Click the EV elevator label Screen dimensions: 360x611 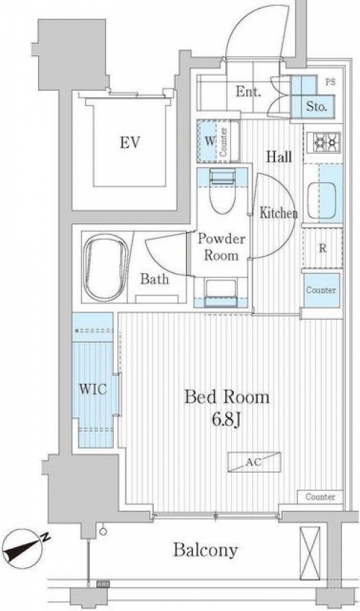[x=130, y=143]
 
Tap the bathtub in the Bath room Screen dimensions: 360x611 [x=106, y=268]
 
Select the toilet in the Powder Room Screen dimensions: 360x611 [x=223, y=192]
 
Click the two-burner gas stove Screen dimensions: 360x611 [x=323, y=142]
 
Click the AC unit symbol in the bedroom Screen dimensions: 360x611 [x=254, y=462]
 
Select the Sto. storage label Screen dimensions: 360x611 [x=316, y=107]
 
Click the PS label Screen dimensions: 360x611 [x=330, y=82]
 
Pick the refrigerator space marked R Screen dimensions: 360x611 [x=323, y=248]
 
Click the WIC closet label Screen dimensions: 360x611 [x=93, y=389]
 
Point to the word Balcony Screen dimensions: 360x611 [x=205, y=550]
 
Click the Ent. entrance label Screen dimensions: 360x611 [x=248, y=92]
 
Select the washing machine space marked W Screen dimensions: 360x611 [x=210, y=141]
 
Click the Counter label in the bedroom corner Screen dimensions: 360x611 [x=320, y=497]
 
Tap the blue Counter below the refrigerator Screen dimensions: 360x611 [x=321, y=290]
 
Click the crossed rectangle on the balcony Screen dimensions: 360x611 [x=310, y=553]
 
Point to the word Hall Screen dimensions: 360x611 [x=279, y=156]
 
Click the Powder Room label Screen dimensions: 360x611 [x=222, y=247]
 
